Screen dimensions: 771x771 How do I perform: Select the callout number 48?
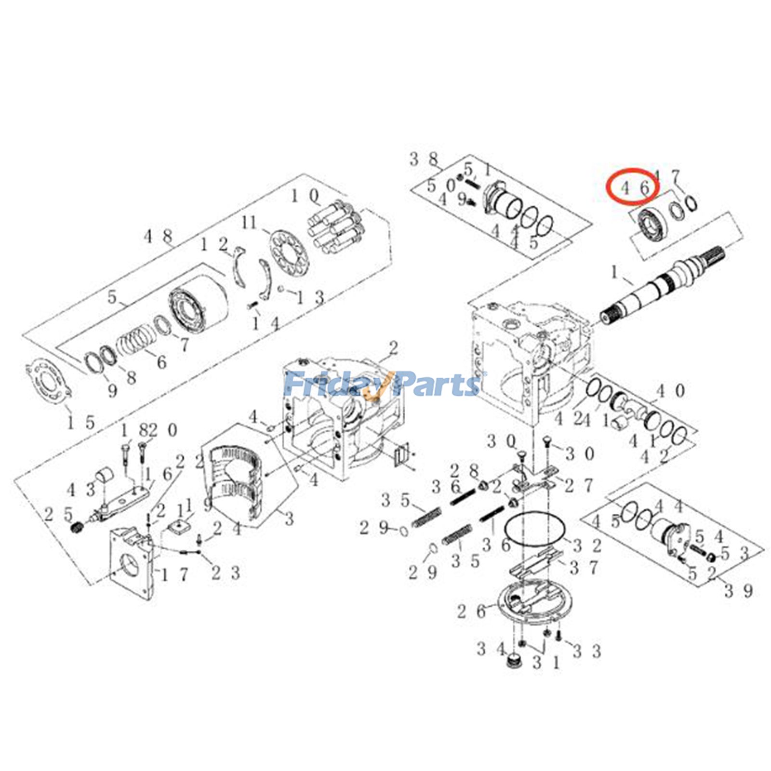tap(158, 236)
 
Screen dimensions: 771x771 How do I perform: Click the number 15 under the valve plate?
tap(80, 423)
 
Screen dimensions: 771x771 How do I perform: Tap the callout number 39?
tap(738, 590)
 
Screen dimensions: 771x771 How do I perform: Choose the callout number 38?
tap(424, 159)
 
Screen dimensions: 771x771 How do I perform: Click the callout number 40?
tap(670, 391)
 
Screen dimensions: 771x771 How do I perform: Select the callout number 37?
tap(583, 568)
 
